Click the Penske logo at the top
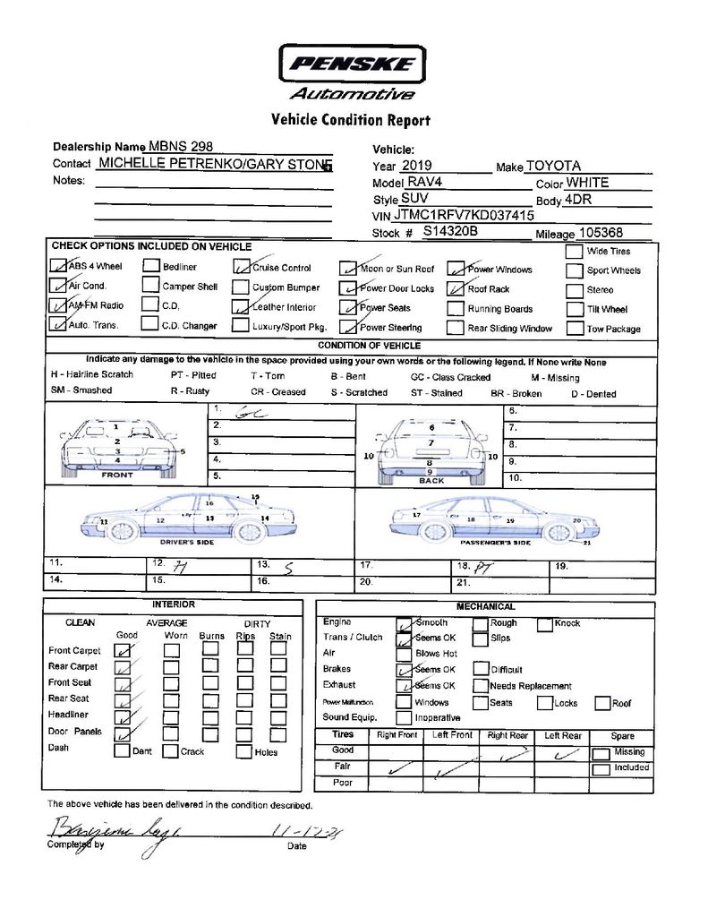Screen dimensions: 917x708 [351, 64]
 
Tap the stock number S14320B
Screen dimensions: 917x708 [450, 231]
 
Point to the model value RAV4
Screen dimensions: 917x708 [424, 182]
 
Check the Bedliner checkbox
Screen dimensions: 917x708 [150, 266]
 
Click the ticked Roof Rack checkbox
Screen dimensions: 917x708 [456, 288]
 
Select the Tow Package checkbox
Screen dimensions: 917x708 [574, 328]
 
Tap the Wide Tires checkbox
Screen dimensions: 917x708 [574, 252]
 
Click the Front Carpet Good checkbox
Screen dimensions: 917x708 [124, 650]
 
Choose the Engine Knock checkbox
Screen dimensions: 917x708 [544, 623]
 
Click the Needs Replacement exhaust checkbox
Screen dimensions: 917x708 [481, 685]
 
